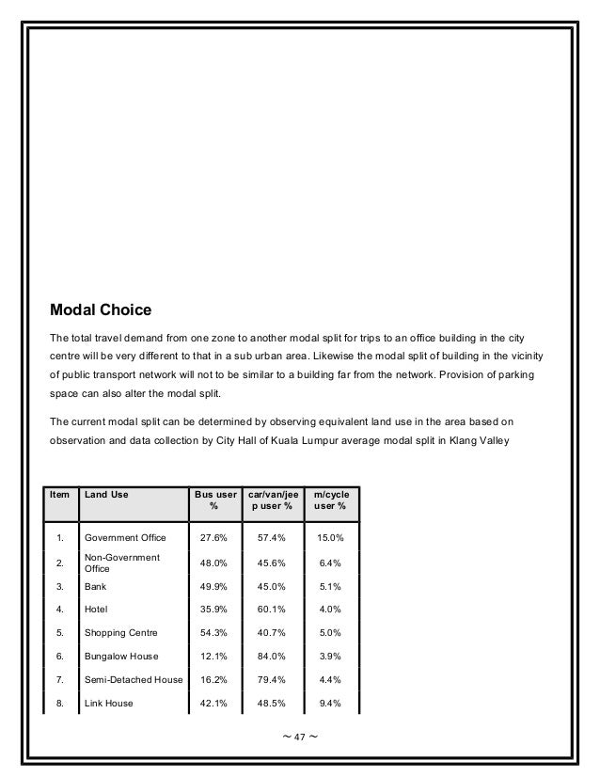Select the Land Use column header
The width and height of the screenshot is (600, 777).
coord(106,494)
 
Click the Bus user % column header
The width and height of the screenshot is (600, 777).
coord(213,500)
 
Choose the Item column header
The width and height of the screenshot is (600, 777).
coord(59,494)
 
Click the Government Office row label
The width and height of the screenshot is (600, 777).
coord(125,538)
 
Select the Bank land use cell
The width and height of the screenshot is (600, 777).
coord(95,585)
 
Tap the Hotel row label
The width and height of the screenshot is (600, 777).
coord(96,609)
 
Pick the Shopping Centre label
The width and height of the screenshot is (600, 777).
coord(121,632)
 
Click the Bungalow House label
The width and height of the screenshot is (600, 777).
coord(121,656)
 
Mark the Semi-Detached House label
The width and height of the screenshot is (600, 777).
coord(134,679)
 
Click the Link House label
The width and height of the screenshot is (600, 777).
coord(108,703)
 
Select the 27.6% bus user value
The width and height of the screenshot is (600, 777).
coord(213,538)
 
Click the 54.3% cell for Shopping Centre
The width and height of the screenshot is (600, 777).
coord(213,632)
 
